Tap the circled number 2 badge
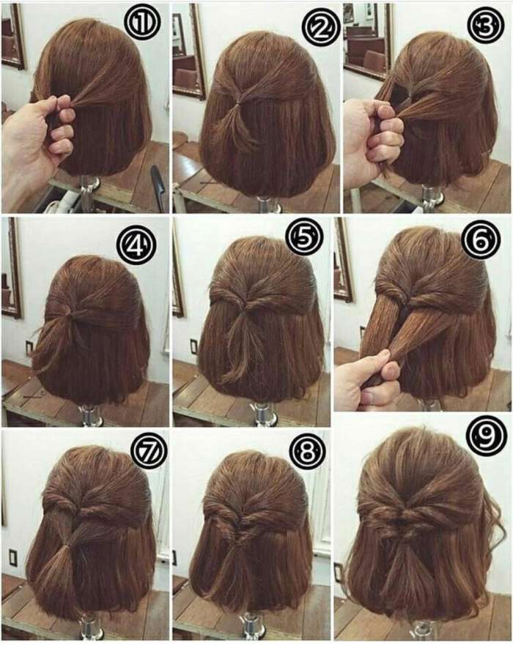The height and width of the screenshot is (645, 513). (320, 27)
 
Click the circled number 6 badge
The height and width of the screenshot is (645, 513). (481, 241)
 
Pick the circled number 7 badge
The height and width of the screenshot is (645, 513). (148, 450)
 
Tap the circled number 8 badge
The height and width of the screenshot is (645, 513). (307, 452)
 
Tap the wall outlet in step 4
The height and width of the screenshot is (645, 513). (29, 347)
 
